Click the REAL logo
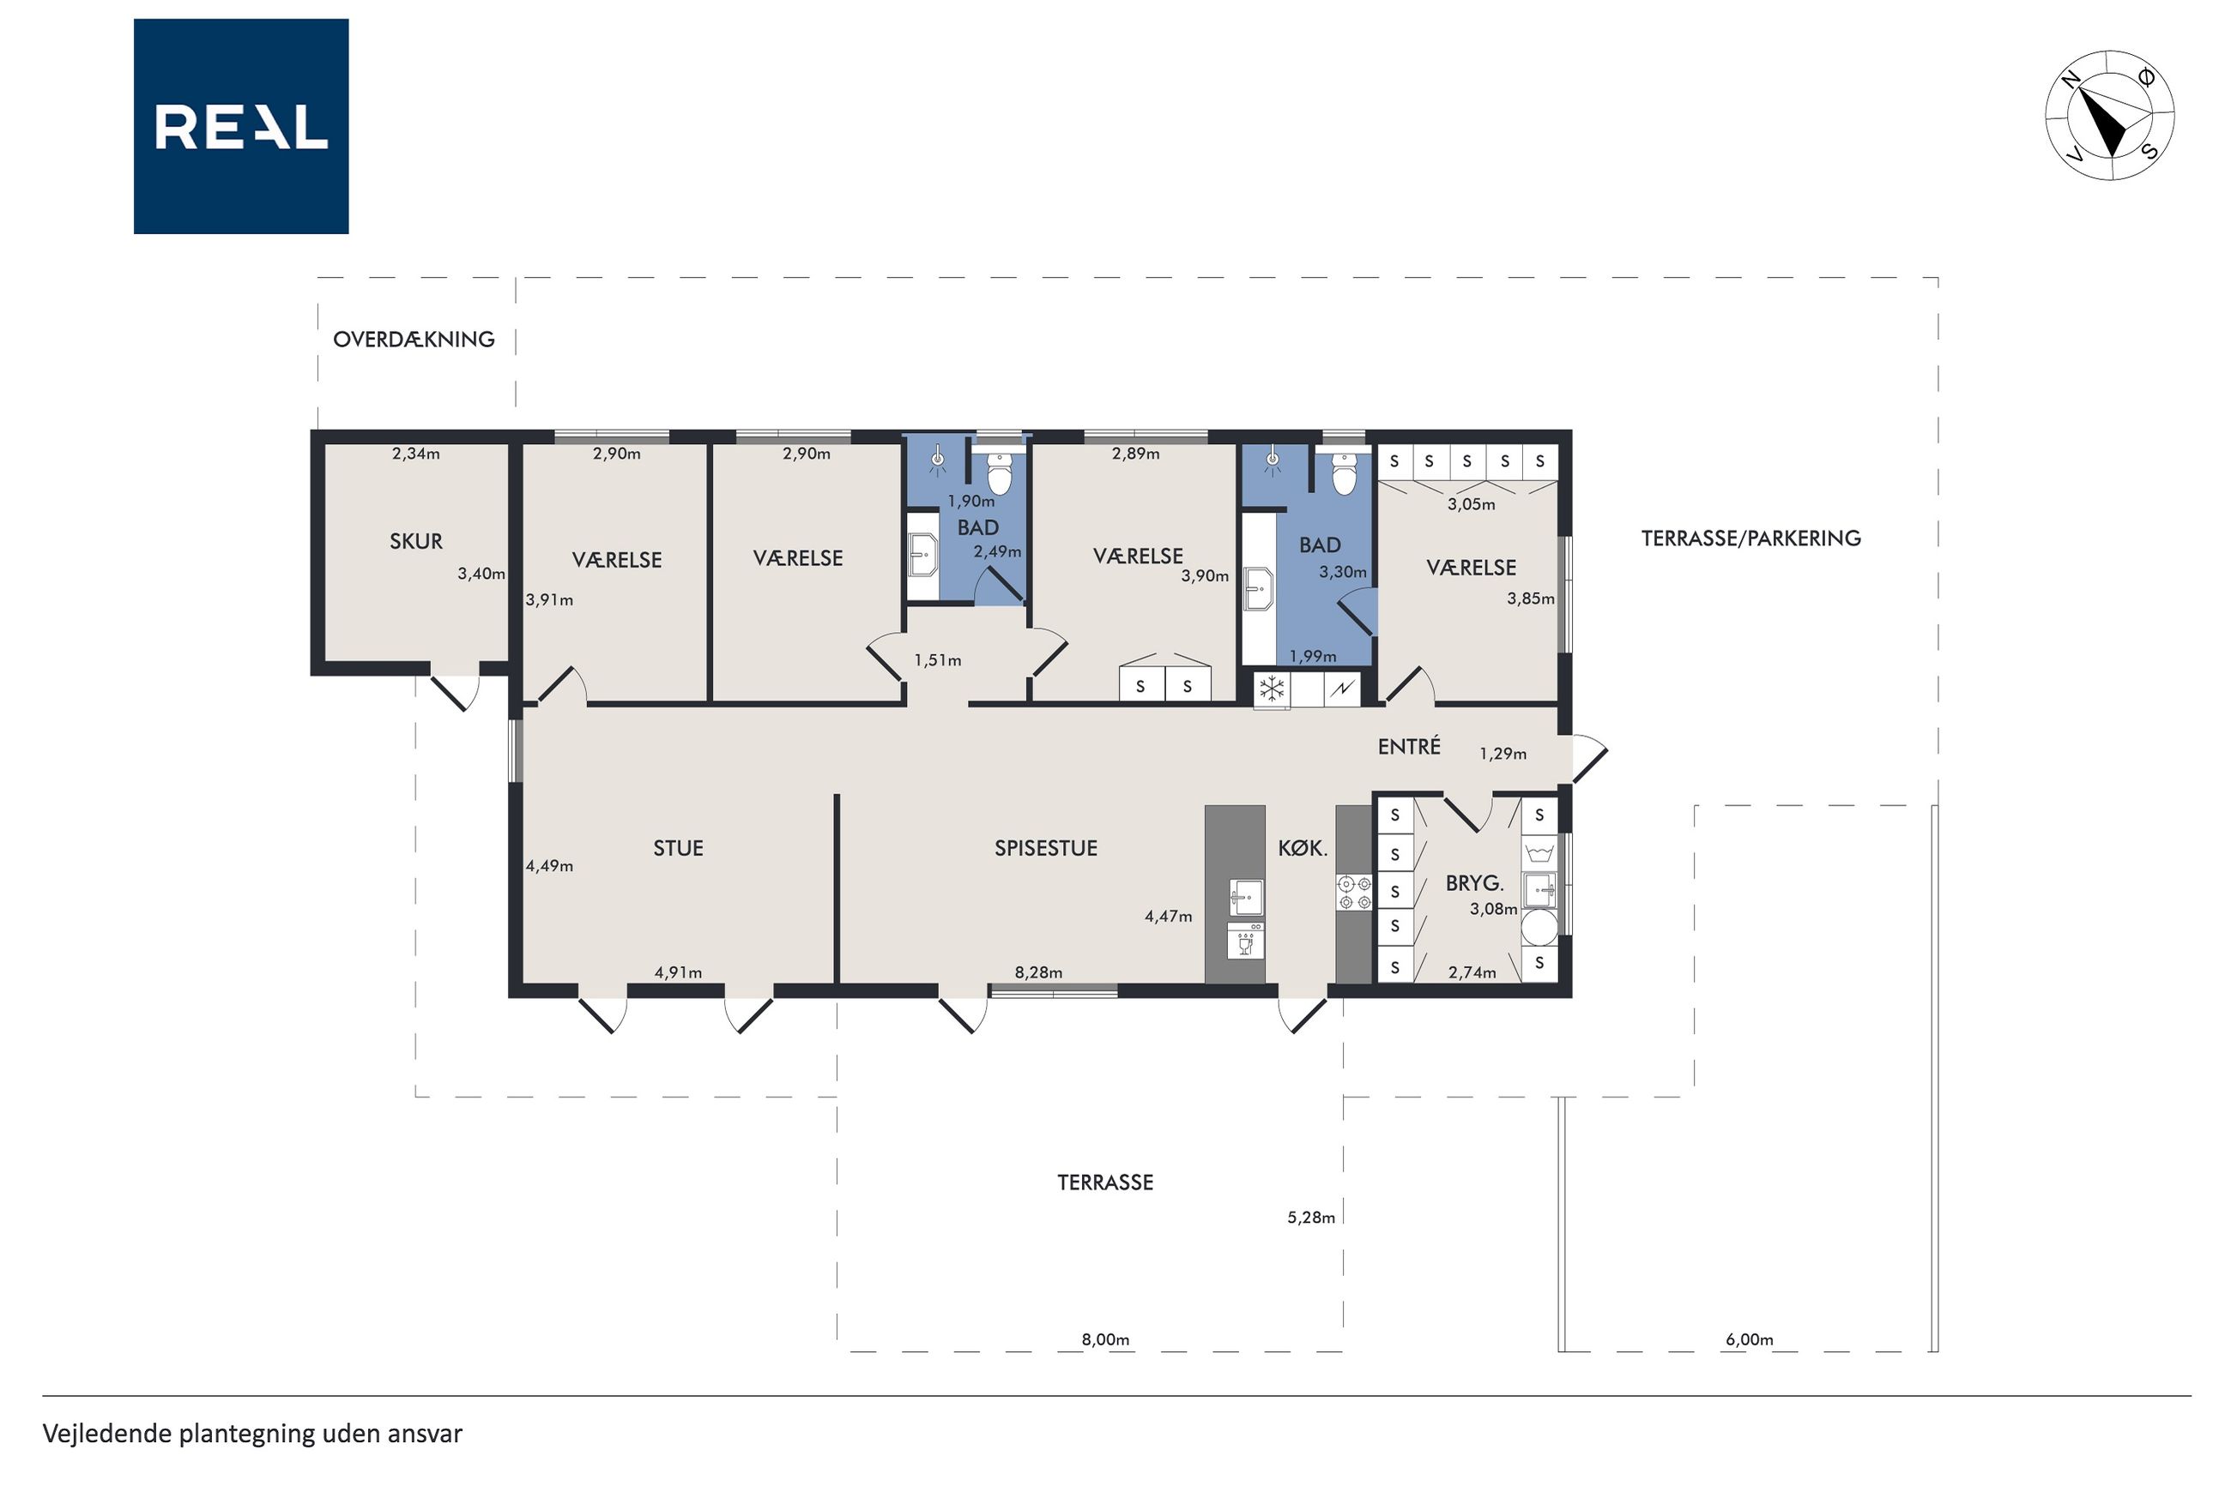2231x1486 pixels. click(241, 126)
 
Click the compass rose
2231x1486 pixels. click(2110, 116)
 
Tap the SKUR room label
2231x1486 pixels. click(416, 541)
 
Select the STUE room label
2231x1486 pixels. click(678, 848)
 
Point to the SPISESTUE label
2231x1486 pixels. click(1046, 848)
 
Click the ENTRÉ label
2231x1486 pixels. click(1409, 746)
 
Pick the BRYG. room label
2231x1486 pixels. click(1474, 883)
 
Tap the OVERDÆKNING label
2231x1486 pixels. click(414, 340)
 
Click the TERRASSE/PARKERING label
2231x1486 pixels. click(1751, 538)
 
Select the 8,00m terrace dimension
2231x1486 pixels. click(1105, 1340)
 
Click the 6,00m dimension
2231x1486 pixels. click(1750, 1340)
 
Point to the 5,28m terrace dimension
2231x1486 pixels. click(1311, 1218)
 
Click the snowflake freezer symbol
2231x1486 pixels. click(1272, 689)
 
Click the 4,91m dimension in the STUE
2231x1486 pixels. click(678, 972)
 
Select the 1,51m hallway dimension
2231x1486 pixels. click(938, 660)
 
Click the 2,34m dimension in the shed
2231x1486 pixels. click(416, 454)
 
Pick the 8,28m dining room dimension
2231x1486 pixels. click(1038, 972)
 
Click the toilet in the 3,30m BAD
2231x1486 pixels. click(1344, 474)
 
